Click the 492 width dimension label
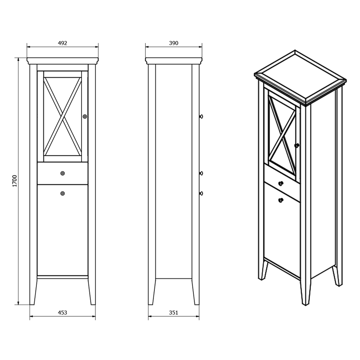point(62,43)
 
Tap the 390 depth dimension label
point(173,43)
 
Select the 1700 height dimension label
point(15,181)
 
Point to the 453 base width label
point(62,312)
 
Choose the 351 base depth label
point(173,312)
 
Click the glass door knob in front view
point(85,116)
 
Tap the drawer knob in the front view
point(62,173)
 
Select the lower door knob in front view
point(62,193)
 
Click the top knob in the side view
point(201,116)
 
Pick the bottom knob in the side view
point(201,193)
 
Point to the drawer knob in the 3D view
point(281,183)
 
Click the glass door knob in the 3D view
point(297,145)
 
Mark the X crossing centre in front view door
point(62,116)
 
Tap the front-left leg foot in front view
point(32,304)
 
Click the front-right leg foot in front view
point(93,304)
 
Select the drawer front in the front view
point(62,173)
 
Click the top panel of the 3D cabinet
point(300,77)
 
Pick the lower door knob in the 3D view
point(281,200)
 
